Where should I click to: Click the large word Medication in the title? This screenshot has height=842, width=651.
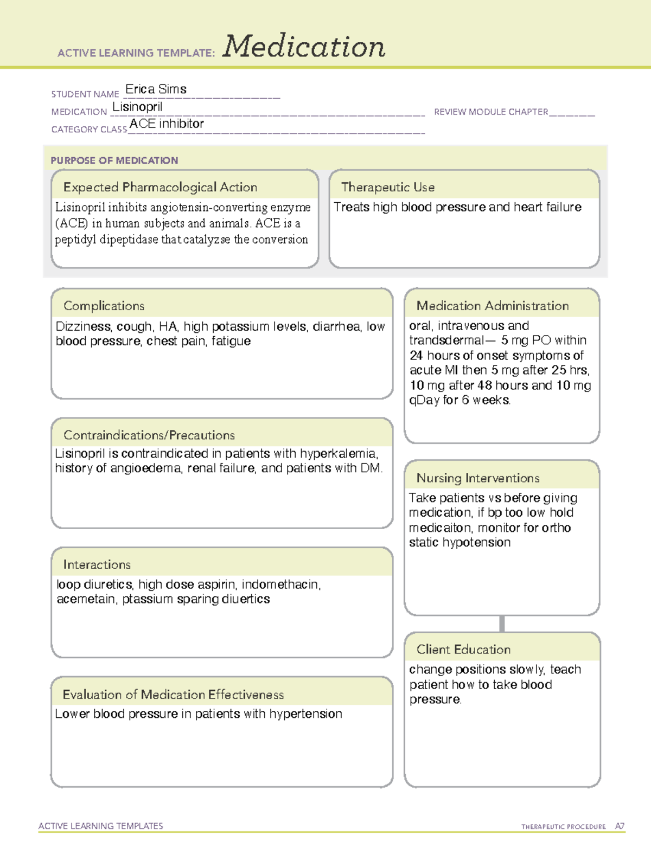pos(304,47)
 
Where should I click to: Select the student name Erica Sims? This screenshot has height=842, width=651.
pos(156,89)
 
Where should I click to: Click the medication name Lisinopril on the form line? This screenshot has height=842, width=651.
pos(137,107)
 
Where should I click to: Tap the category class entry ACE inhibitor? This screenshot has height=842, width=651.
pos(167,124)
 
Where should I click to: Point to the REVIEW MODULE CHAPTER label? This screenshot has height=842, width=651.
pos(490,112)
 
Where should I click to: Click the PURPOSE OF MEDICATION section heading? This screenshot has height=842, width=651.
pos(114,160)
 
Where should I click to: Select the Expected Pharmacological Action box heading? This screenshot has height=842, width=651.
pos(160,187)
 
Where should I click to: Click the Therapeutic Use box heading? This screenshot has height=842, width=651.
pos(387,187)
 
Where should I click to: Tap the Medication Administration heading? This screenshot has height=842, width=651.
pos(492,306)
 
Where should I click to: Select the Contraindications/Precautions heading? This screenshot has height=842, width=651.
pos(149,435)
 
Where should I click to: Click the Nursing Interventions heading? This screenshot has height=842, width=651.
pos(477,478)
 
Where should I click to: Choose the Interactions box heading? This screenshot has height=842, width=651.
pos(97,564)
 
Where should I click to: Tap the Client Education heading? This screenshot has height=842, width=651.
pos(463,649)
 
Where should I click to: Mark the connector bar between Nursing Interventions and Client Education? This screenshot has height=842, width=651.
pos(502,624)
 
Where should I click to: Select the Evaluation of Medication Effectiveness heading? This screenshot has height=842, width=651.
pos(173,695)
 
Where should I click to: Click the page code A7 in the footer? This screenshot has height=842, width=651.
pos(620,826)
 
